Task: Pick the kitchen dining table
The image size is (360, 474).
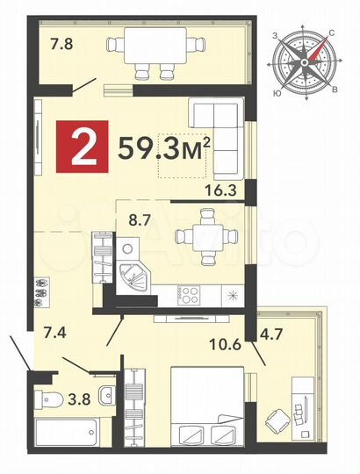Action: coord(204,235)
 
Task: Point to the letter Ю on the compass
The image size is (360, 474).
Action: coord(278,91)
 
